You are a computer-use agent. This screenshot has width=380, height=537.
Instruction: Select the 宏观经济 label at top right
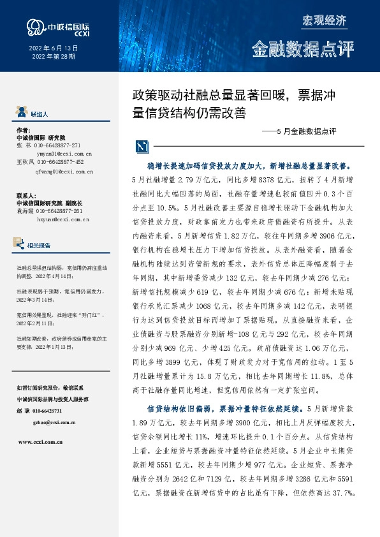tap(324, 20)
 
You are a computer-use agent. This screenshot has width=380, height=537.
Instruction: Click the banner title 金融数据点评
tap(302, 48)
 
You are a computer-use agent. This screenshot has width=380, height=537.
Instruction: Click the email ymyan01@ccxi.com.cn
tap(64, 154)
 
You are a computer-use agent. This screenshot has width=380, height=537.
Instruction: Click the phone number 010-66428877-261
tap(59, 211)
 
